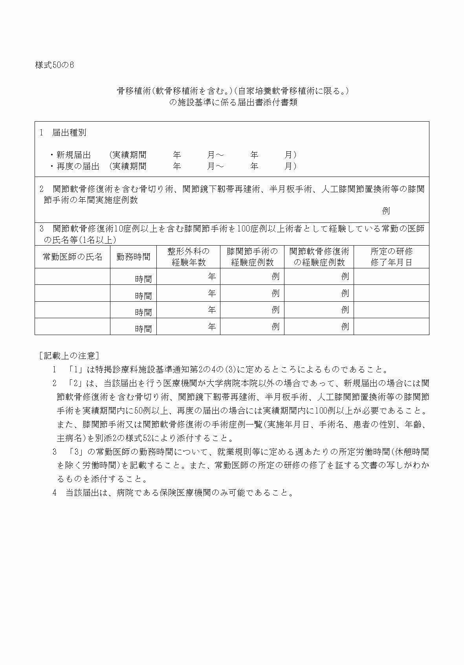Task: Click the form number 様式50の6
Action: [54, 65]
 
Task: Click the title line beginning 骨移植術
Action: [233, 91]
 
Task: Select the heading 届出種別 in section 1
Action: [69, 133]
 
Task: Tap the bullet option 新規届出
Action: [73, 155]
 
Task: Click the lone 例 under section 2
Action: [386, 211]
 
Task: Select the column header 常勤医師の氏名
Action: [72, 257]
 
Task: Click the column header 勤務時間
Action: [133, 257]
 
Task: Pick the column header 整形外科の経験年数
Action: [188, 257]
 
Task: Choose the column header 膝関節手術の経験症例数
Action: [252, 257]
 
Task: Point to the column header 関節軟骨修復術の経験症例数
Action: [319, 257]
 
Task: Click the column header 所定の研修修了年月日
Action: [391, 257]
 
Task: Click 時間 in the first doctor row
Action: [143, 279]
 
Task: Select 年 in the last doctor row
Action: [212, 326]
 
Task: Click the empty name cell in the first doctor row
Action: [72, 277]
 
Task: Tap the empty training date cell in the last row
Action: [391, 326]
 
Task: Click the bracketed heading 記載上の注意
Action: [69, 356]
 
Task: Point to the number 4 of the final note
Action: [55, 493]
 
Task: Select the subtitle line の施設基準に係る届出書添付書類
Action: [233, 103]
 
